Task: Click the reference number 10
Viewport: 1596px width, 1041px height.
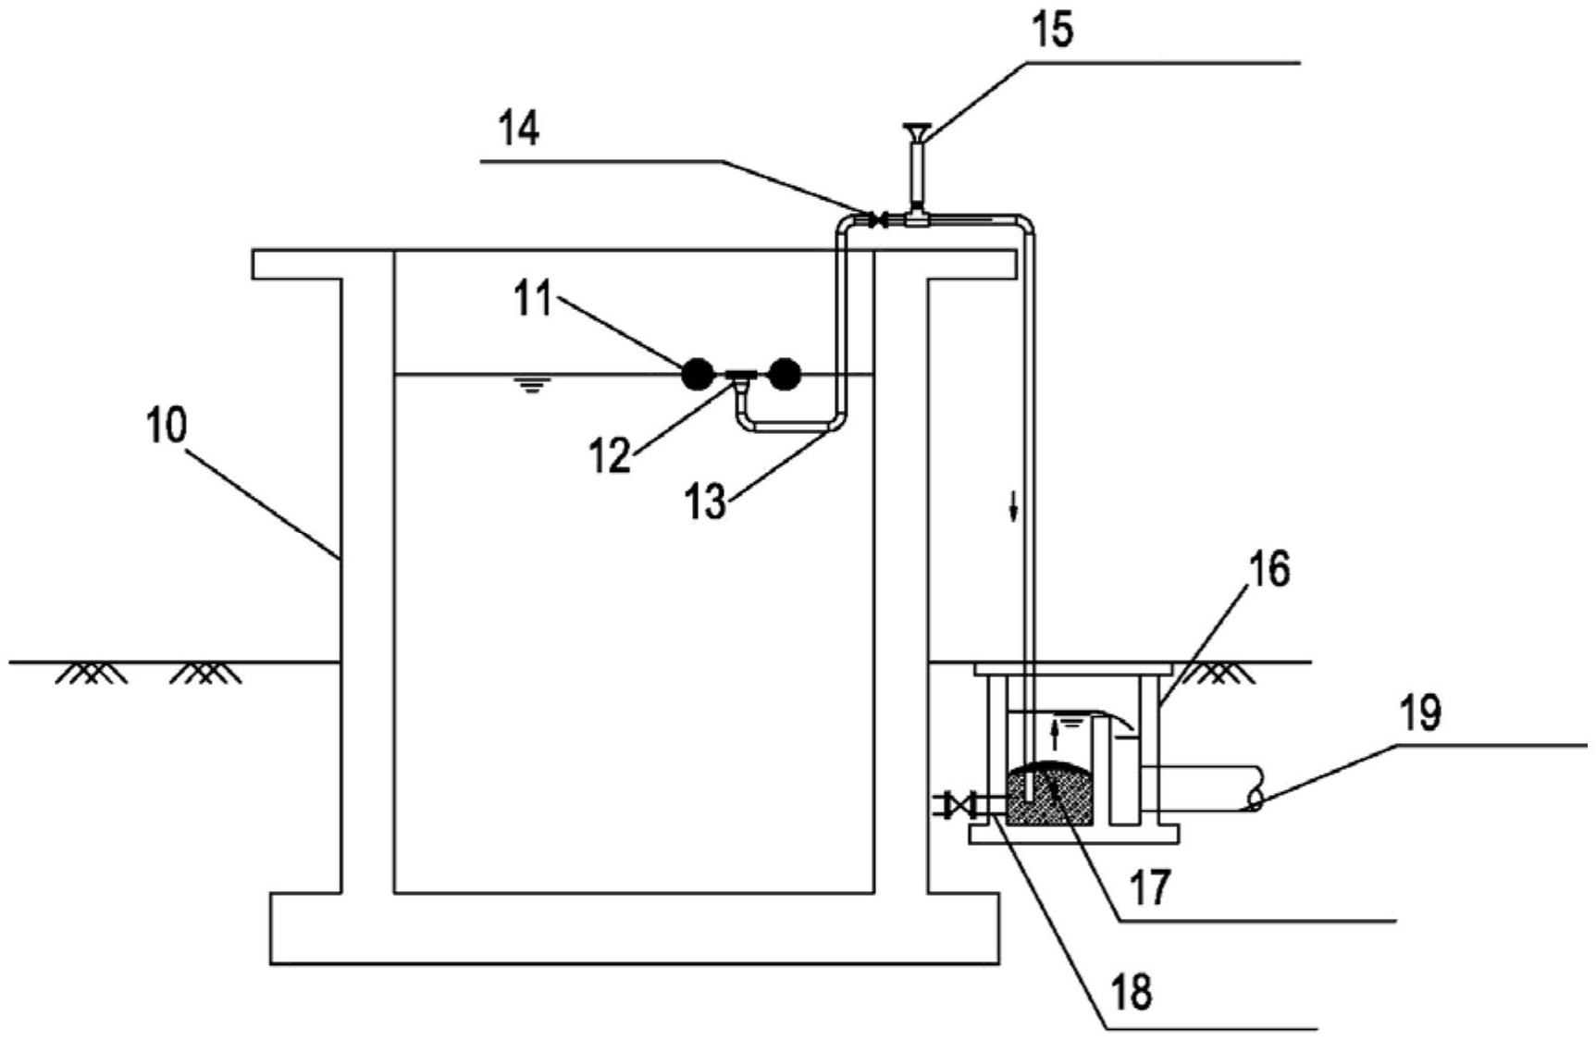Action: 167,427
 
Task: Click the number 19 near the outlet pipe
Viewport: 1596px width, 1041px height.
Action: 1419,713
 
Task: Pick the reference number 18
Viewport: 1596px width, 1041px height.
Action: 1132,993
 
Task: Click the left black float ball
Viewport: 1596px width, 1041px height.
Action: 698,374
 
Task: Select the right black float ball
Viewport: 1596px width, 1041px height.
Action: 784,374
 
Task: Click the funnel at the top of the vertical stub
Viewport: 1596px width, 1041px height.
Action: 917,132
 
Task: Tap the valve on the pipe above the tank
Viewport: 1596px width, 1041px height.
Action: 879,220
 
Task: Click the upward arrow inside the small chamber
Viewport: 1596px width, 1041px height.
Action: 1054,737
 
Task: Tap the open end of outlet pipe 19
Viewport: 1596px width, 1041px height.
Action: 1255,799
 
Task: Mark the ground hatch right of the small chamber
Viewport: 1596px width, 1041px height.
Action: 1220,673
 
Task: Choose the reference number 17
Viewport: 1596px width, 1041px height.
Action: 1151,887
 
